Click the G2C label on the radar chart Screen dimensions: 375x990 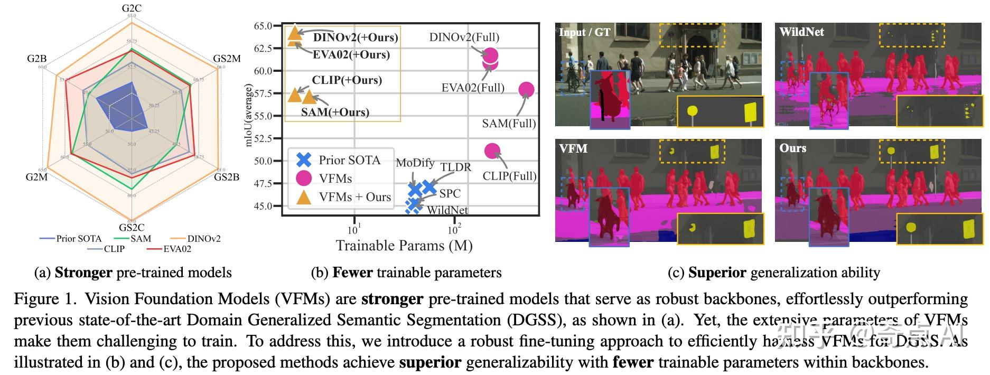(x=132, y=8)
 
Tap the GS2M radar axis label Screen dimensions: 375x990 (x=227, y=59)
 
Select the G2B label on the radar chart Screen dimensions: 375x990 (x=37, y=59)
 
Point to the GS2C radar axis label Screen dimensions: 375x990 (x=132, y=228)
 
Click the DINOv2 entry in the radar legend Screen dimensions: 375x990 (x=204, y=239)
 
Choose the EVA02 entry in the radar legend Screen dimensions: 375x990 (x=177, y=249)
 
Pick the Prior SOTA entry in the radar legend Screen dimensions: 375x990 (x=79, y=239)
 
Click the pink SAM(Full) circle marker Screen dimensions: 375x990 (x=526, y=90)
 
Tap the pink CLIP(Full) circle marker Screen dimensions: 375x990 (x=492, y=151)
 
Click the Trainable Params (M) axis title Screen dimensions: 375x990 (x=404, y=246)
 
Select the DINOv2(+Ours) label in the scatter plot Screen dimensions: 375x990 (x=356, y=37)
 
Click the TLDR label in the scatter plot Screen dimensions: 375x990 (x=456, y=167)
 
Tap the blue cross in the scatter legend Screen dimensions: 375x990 (x=304, y=160)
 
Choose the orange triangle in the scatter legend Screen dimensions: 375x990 (x=304, y=197)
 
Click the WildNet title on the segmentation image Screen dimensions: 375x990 (x=801, y=32)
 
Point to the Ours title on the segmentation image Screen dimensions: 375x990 (x=792, y=148)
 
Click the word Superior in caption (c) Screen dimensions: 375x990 (x=717, y=273)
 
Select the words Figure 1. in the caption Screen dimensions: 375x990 (x=45, y=299)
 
